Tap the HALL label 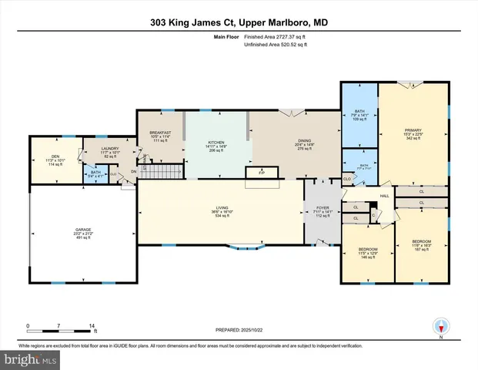384,197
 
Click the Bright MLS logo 29,359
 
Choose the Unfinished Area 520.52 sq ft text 275,45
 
